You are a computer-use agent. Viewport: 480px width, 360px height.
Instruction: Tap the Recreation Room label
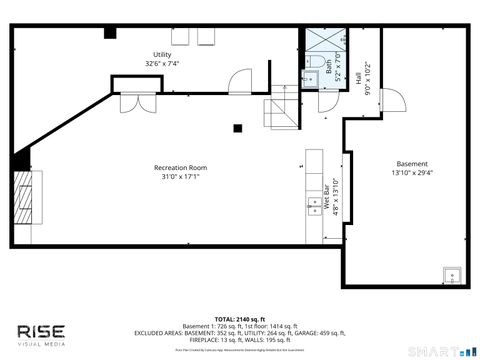(180, 171)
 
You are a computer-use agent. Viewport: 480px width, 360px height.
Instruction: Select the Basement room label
(412, 168)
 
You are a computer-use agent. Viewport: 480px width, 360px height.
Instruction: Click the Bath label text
(327, 67)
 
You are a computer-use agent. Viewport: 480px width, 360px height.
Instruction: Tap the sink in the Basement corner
(453, 271)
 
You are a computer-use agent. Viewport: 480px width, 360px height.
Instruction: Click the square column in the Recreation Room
(238, 127)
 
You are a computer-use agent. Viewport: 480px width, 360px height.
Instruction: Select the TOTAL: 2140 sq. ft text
(240, 317)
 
